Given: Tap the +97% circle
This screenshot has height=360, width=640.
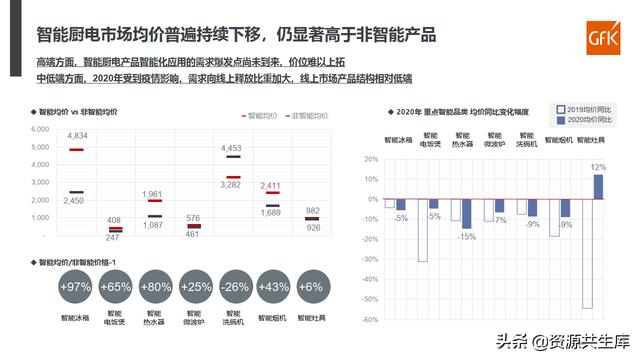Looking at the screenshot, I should [x=76, y=287].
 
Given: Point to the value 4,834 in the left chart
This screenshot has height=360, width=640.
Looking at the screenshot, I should [x=77, y=135].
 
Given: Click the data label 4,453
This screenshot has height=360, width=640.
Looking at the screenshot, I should [x=231, y=147].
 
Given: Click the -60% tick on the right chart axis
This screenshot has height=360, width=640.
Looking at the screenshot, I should [x=368, y=320].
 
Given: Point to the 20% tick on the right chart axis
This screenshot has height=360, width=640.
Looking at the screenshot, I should [x=370, y=159].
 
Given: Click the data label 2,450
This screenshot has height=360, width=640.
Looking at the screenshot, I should [x=77, y=201].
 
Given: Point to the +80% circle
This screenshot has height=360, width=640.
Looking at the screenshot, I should [x=155, y=287].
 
